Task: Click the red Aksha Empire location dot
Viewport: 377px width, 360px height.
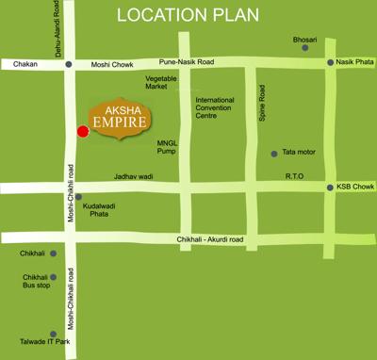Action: click(x=82, y=130)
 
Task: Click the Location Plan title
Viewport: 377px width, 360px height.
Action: click(x=188, y=17)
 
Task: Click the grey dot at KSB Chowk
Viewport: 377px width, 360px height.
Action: click(x=329, y=188)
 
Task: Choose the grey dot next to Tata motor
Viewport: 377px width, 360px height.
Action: click(x=274, y=153)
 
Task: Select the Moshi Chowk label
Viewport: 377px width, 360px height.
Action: click(x=111, y=64)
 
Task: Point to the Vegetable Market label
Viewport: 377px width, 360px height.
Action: click(x=161, y=82)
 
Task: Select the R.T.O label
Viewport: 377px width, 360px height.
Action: click(x=294, y=176)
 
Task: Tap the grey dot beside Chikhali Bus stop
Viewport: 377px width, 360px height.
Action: click(x=54, y=278)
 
